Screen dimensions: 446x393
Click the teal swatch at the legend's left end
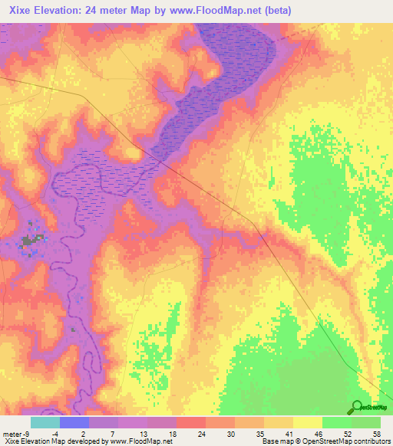(x=45, y=422)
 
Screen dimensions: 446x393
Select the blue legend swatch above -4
(x=74, y=422)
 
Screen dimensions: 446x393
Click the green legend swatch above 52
(x=337, y=422)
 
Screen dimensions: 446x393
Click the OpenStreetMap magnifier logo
(x=357, y=407)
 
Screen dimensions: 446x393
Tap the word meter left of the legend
(x=11, y=433)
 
